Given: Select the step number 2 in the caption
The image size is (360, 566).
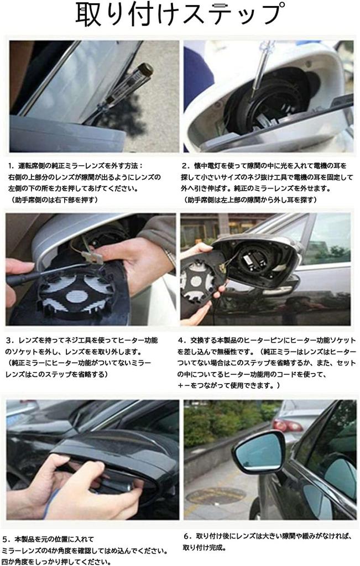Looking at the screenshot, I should click(185, 165).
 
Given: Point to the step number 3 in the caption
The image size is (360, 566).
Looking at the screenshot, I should click(11, 339).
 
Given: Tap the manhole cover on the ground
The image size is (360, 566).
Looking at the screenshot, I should click(216, 495).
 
